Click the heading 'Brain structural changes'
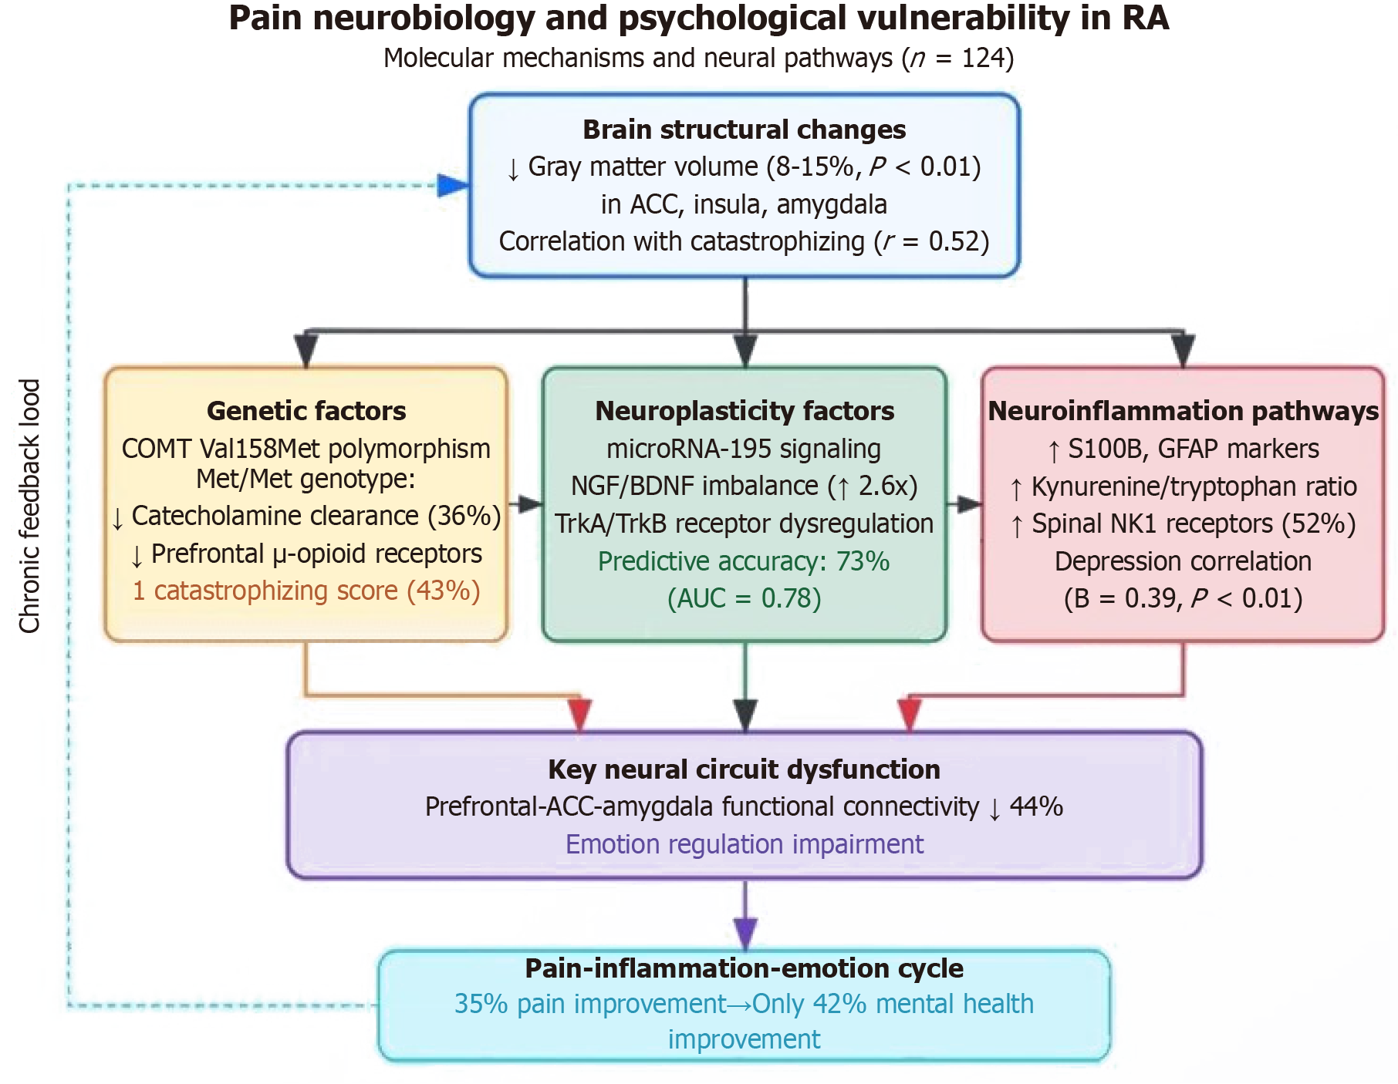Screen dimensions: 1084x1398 (x=744, y=130)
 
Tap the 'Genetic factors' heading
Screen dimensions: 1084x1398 (x=306, y=411)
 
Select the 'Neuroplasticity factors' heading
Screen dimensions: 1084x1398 (x=745, y=411)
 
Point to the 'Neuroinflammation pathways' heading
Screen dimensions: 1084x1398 (x=1183, y=411)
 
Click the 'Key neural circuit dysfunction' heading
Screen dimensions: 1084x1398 (x=744, y=769)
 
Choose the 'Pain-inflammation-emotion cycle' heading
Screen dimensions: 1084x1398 (x=744, y=968)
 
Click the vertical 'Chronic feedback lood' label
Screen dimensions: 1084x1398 (x=29, y=506)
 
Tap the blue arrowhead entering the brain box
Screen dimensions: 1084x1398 (x=453, y=185)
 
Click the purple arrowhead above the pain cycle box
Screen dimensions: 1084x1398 (x=745, y=932)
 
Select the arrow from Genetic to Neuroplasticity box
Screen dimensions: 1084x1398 (x=528, y=505)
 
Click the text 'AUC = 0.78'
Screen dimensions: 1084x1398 (x=744, y=598)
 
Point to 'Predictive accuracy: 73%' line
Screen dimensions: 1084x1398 (x=744, y=561)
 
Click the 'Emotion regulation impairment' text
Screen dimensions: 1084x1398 (x=744, y=844)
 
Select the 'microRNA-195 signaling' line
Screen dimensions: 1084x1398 (x=744, y=449)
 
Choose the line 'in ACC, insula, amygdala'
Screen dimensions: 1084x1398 (x=744, y=204)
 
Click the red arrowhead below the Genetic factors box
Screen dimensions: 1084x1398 (x=579, y=713)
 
